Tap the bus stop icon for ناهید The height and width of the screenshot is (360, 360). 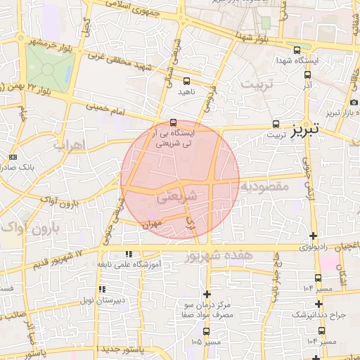tap(186, 80)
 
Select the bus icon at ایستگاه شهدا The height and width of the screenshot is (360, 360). tap(297, 50)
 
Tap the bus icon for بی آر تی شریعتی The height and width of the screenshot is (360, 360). tap(174, 122)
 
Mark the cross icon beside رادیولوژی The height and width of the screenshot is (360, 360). tap(313, 236)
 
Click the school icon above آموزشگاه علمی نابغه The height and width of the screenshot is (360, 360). tap(127, 253)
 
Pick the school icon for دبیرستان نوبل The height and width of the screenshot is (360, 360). tap(103, 288)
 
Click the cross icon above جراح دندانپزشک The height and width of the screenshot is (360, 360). tap(319, 304)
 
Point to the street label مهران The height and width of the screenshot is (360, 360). tap(151, 225)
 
